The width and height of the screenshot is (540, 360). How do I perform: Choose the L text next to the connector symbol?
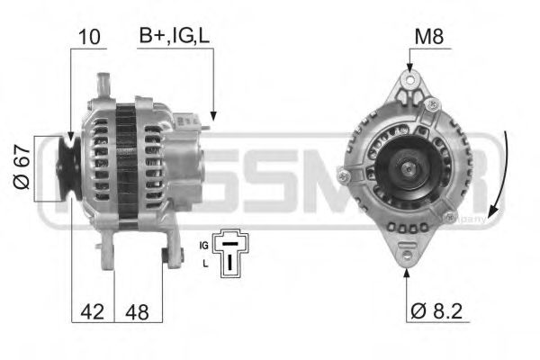pos(206,263)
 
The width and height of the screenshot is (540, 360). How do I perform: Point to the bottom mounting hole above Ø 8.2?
pos(407,257)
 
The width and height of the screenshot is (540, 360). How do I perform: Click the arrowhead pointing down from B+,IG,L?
pos(212,115)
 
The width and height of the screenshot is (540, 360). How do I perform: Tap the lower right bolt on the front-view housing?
pos(449,217)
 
